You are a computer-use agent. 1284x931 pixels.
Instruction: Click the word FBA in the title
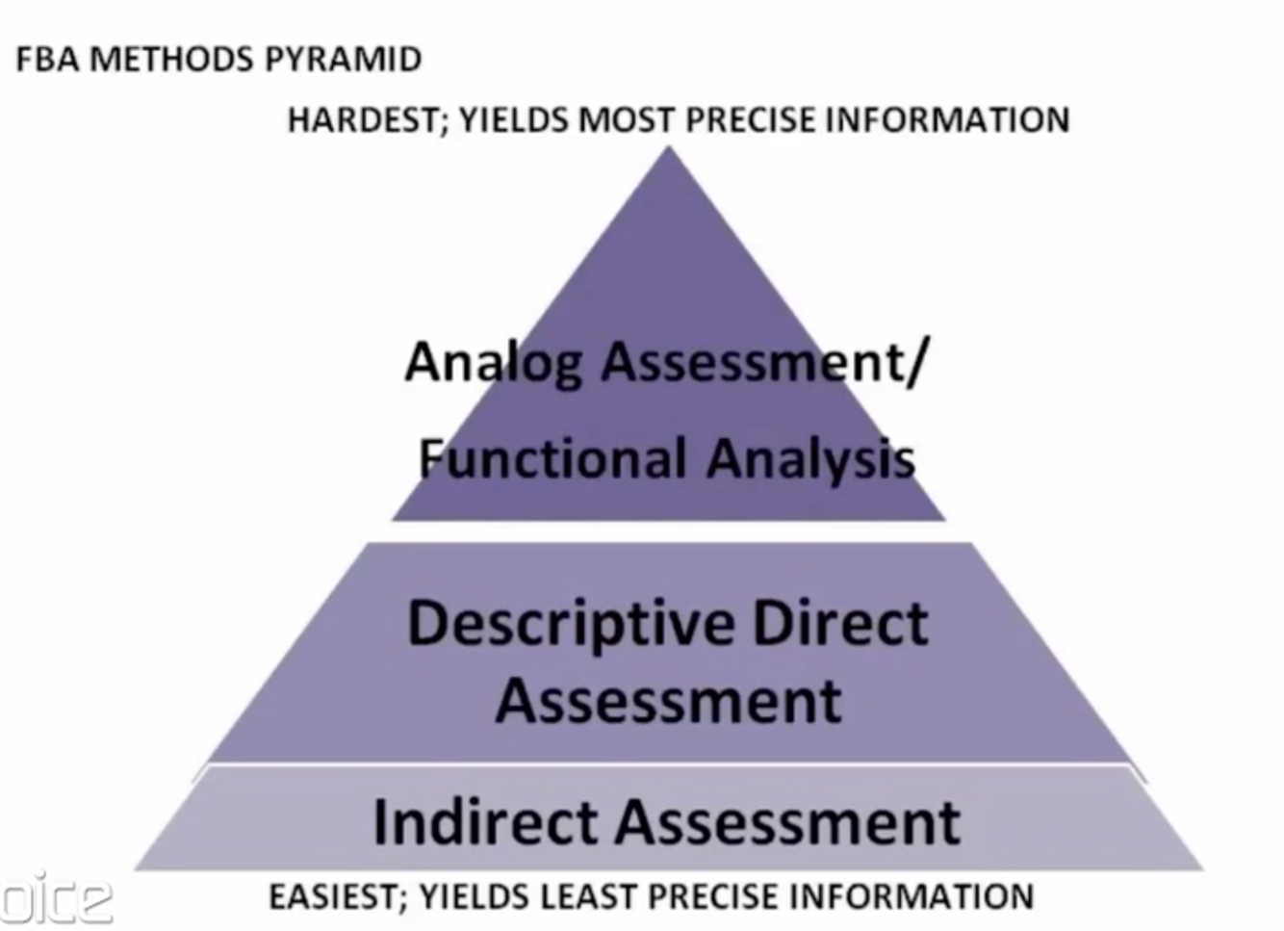pos(47,60)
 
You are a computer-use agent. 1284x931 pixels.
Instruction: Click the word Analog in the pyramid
pos(494,363)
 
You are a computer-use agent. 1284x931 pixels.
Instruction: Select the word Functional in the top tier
pos(552,458)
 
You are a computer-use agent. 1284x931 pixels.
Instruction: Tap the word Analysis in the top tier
pos(810,458)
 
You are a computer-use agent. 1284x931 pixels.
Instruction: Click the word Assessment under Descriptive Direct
pos(669,700)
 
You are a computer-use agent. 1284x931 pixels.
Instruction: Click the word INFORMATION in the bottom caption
pos(911,897)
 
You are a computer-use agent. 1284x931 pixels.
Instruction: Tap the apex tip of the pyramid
pos(669,150)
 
